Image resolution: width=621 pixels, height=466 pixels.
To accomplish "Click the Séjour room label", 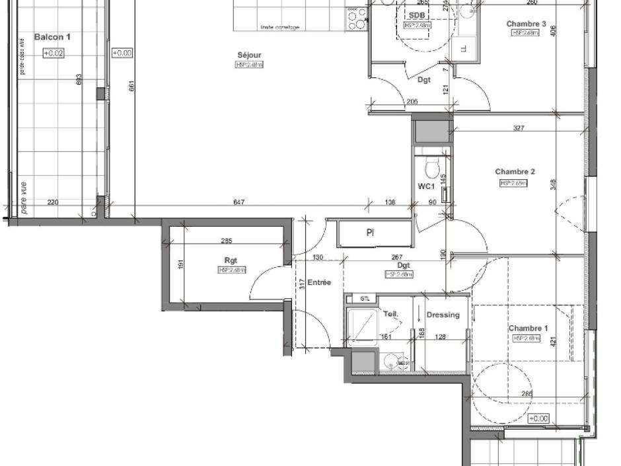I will tap(250, 55).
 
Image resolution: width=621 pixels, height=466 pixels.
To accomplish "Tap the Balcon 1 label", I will tap(52, 38).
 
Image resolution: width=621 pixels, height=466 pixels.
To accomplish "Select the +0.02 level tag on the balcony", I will tap(54, 54).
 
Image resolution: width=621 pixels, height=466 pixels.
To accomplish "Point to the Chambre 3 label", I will tap(526, 24).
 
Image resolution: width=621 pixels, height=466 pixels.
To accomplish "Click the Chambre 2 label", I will tap(515, 172).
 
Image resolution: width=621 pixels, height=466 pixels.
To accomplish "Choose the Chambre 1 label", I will tap(528, 329).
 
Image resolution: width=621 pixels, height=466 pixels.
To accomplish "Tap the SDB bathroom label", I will tap(417, 16).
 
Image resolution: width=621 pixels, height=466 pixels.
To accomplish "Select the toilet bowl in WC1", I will tap(433, 169).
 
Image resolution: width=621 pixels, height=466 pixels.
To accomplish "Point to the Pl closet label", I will tap(371, 233).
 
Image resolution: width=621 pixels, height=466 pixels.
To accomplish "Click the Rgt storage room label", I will tap(231, 260).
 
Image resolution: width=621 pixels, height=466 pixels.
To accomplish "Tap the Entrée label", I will tap(319, 283).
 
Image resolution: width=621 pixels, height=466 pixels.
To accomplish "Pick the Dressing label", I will tap(443, 315).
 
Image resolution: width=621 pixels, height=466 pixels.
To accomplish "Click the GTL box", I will tap(365, 299).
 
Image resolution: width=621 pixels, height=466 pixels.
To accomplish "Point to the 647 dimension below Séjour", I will tap(239, 202).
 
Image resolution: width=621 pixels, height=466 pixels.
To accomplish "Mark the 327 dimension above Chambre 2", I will tap(518, 128).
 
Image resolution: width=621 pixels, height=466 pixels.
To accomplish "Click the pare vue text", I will tap(24, 198).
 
